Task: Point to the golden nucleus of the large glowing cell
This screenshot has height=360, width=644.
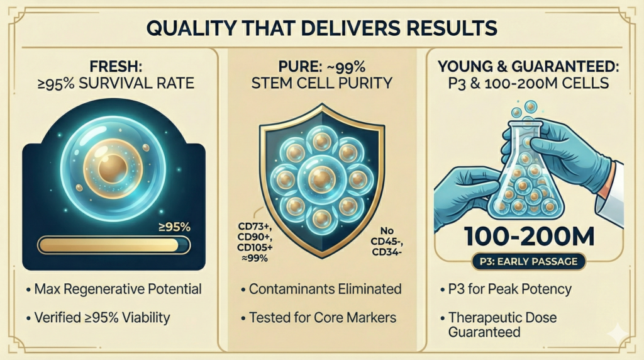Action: (114, 167)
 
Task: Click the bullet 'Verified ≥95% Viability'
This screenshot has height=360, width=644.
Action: (107, 318)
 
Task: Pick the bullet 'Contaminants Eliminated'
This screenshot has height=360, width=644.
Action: (321, 290)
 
